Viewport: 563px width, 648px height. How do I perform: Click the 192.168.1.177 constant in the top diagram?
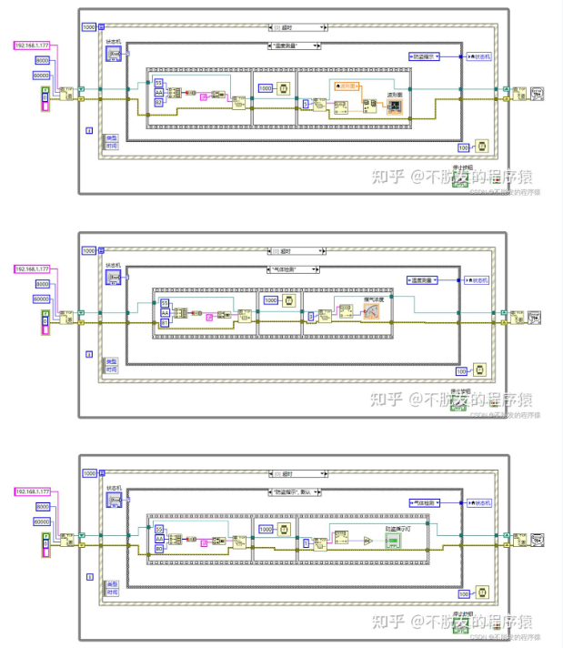tap(33, 45)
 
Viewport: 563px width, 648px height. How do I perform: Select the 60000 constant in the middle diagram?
tap(42, 299)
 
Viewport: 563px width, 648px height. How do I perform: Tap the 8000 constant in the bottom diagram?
tap(42, 506)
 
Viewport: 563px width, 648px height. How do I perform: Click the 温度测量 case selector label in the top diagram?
tap(297, 46)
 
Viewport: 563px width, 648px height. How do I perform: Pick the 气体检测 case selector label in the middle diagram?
tap(297, 269)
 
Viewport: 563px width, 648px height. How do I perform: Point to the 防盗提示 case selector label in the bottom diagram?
tap(297, 492)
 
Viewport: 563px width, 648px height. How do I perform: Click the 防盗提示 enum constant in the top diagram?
tap(425, 56)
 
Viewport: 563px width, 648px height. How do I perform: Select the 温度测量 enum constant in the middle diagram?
tap(425, 280)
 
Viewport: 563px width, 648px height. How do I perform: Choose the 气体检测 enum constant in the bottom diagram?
tap(425, 502)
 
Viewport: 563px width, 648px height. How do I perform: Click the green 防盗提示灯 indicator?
tap(392, 541)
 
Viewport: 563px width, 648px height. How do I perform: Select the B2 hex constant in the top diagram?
tap(158, 102)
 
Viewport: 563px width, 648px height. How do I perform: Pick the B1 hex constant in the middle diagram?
tap(165, 322)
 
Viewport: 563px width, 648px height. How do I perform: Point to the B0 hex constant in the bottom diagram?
tap(159, 549)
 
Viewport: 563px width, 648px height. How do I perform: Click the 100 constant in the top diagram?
tap(463, 147)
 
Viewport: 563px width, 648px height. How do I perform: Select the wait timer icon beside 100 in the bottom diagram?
tap(482, 592)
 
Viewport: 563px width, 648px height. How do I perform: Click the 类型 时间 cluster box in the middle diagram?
tap(111, 366)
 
